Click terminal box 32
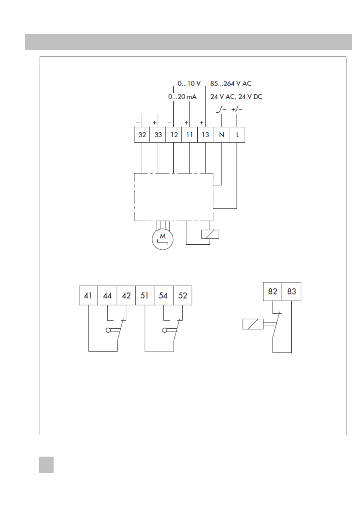click(x=142, y=135)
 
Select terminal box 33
click(x=158, y=135)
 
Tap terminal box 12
click(x=174, y=135)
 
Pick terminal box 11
click(x=190, y=135)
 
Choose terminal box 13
click(x=205, y=135)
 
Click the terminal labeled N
click(x=221, y=135)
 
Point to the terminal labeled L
click(x=237, y=135)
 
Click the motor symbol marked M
click(x=163, y=239)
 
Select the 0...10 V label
click(x=189, y=84)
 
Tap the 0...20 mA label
click(x=182, y=97)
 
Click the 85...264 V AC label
click(x=231, y=84)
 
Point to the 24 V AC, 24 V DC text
click(x=236, y=97)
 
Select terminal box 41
click(x=88, y=295)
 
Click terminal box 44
click(x=107, y=295)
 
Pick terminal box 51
click(x=145, y=295)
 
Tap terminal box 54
click(x=164, y=295)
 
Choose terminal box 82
click(x=273, y=291)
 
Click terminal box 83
click(x=292, y=291)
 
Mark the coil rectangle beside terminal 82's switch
click(x=253, y=324)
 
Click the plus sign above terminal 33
click(x=155, y=123)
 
